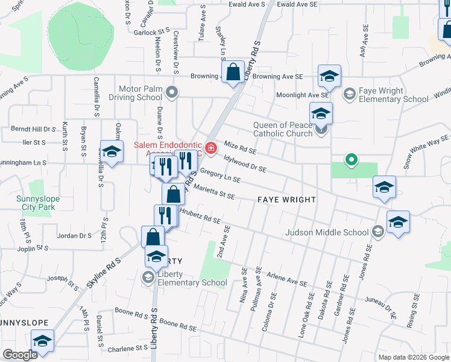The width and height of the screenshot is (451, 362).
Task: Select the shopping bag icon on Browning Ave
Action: (233, 74)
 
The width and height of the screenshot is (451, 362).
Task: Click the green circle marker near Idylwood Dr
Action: (350, 160)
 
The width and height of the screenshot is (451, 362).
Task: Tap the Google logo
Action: (20, 355)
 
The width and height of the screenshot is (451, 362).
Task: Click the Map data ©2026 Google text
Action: (413, 357)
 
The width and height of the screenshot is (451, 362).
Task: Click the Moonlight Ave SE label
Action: (303, 95)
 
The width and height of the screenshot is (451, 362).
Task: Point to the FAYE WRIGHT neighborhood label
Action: (287, 199)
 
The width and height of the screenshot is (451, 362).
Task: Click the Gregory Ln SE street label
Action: (220, 176)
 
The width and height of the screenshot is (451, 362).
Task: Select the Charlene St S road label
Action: (127, 348)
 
